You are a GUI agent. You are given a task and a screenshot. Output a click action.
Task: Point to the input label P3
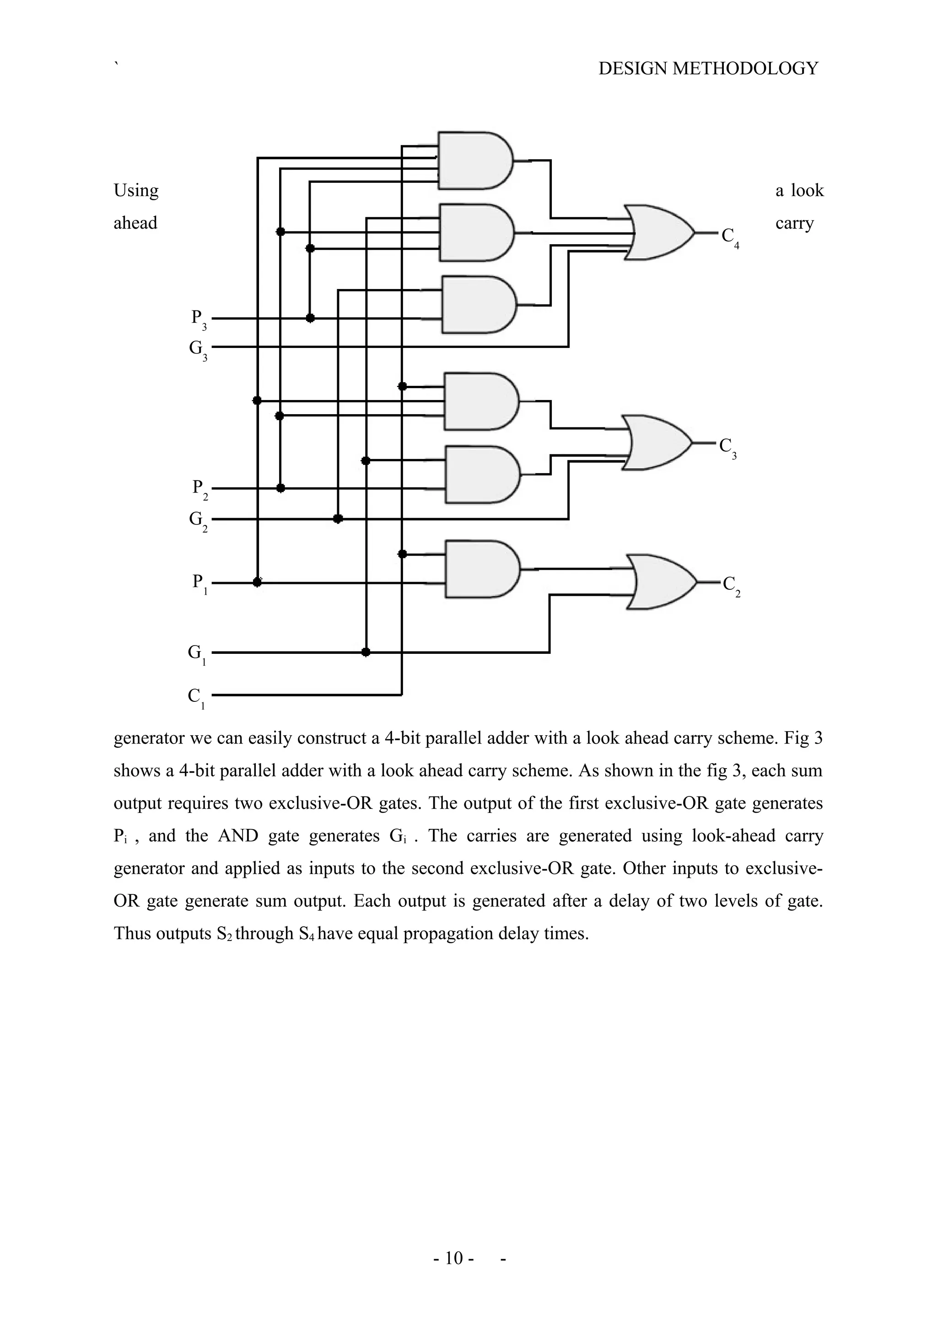tap(199, 319)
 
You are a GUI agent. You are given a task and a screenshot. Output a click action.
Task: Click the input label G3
tap(198, 349)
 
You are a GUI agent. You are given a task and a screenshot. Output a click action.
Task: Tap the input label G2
tap(198, 520)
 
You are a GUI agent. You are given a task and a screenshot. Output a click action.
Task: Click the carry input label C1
tap(196, 697)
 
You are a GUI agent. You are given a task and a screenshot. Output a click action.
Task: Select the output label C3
tap(727, 447)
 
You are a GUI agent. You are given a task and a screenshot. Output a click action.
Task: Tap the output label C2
tap(732, 585)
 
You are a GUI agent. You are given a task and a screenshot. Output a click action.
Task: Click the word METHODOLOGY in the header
tap(745, 69)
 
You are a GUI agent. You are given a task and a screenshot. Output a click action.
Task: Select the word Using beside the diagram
tap(136, 191)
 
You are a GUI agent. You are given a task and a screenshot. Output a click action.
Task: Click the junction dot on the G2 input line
tap(338, 519)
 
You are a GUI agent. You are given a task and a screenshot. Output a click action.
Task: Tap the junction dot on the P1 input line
tap(258, 582)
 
